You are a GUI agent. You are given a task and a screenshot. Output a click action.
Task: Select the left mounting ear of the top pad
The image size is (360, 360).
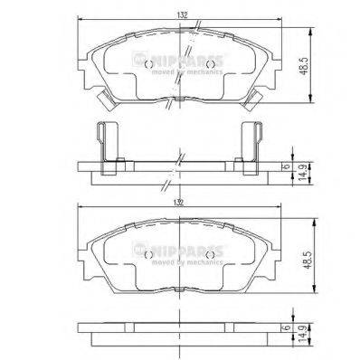pyautogui.click(x=86, y=65)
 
